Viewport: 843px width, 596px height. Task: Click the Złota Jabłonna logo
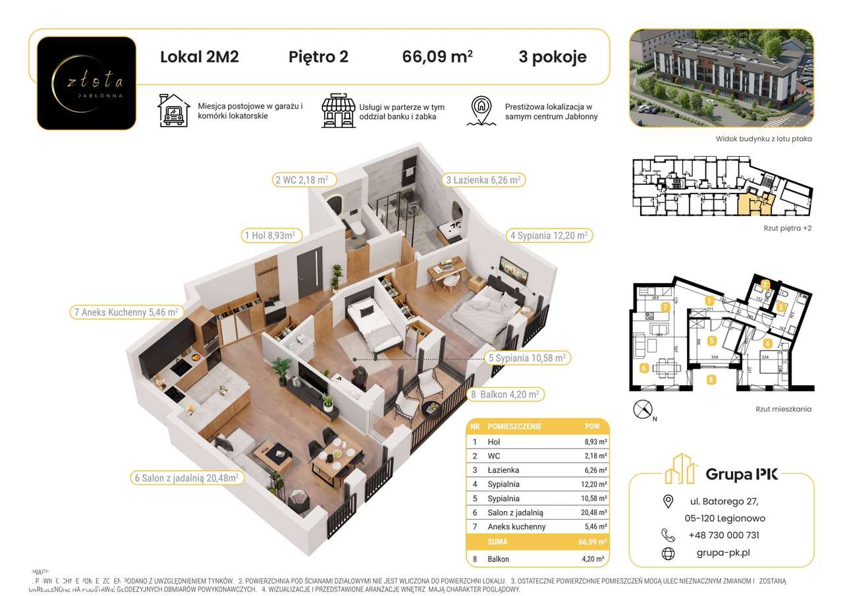coord(86,83)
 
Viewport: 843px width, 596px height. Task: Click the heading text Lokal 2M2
coord(200,57)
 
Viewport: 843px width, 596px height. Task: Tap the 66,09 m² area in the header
coord(437,57)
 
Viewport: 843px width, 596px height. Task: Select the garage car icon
coord(173,111)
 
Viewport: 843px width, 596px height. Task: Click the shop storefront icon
coord(337,111)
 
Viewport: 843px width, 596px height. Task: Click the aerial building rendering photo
coord(721,78)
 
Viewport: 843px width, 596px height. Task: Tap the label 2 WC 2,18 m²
coord(301,179)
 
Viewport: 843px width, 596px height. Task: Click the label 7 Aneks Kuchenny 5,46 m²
coord(124,312)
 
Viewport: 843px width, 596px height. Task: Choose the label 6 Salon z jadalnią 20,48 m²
coord(186,477)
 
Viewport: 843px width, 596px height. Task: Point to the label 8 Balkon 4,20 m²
coord(504,394)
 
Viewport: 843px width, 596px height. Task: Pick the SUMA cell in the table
coord(498,541)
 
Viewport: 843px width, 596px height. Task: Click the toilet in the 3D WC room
coord(358,227)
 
